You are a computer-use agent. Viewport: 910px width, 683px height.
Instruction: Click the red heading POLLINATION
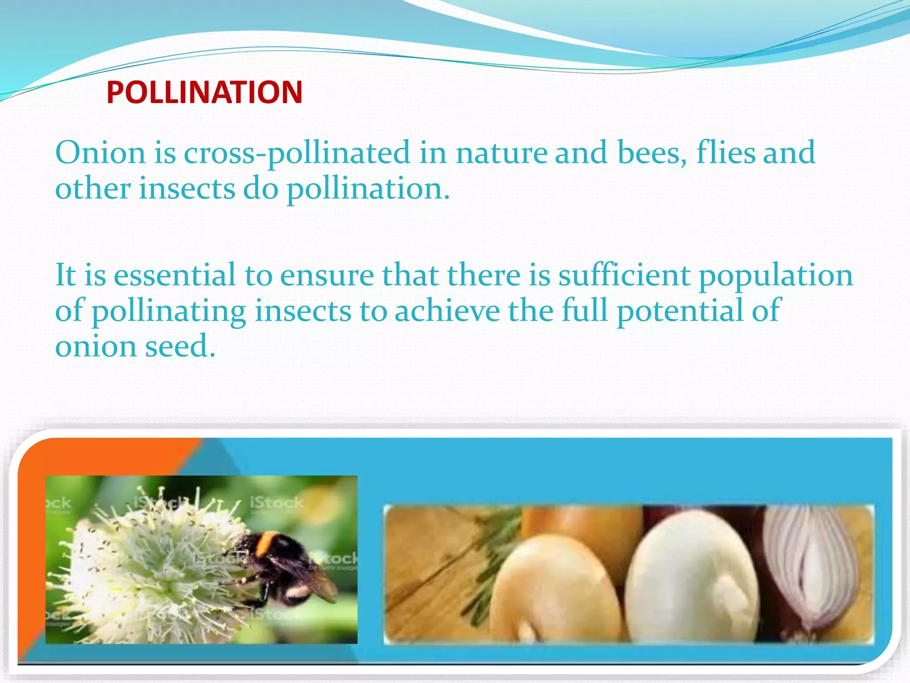pyautogui.click(x=204, y=92)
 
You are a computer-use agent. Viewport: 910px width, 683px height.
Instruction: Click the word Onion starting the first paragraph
pyautogui.click(x=100, y=152)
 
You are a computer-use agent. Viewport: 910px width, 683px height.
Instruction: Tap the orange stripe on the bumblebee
pyautogui.click(x=266, y=544)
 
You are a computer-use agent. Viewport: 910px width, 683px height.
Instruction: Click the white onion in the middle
pyautogui.click(x=691, y=578)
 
